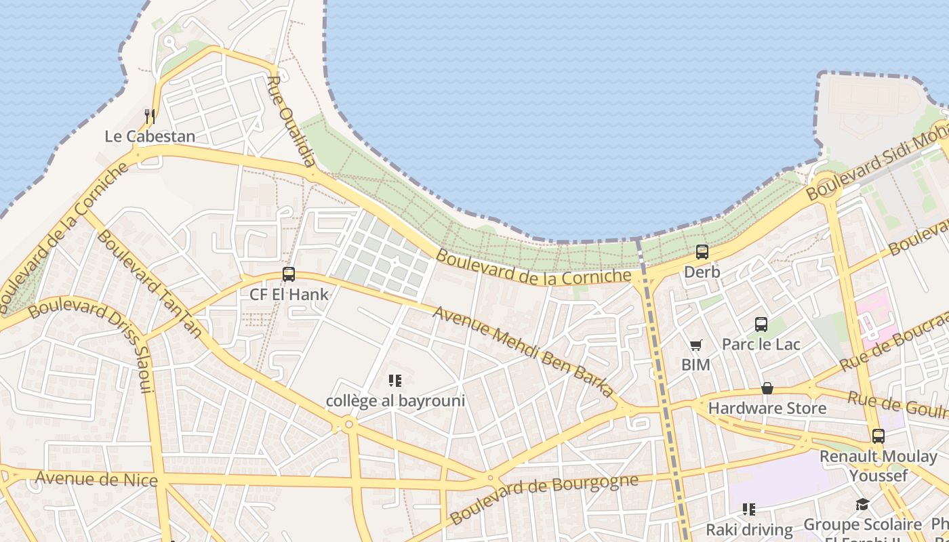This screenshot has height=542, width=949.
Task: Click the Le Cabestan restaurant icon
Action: (150, 117)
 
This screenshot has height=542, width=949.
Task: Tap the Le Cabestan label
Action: (150, 136)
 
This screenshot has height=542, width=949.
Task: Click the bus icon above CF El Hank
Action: (289, 274)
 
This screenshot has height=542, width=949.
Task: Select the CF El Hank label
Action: (289, 295)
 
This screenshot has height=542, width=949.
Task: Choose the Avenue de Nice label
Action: (96, 480)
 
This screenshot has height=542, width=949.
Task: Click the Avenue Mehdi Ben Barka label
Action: (523, 352)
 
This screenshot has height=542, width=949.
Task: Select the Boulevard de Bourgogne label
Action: (544, 499)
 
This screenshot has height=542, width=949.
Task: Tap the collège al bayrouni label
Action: (396, 401)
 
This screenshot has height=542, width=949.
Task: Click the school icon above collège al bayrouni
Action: (396, 381)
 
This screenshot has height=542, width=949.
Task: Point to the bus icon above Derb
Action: (702, 252)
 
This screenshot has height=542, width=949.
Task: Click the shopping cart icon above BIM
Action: (696, 346)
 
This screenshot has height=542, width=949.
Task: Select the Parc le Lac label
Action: (761, 344)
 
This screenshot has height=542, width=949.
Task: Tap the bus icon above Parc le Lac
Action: (761, 325)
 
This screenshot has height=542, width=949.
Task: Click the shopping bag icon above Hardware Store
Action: (767, 388)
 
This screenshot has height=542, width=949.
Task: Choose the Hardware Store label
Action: (767, 409)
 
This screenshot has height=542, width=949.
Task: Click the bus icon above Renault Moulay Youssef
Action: (879, 436)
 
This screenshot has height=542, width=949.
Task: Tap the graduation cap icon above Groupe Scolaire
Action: (862, 505)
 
